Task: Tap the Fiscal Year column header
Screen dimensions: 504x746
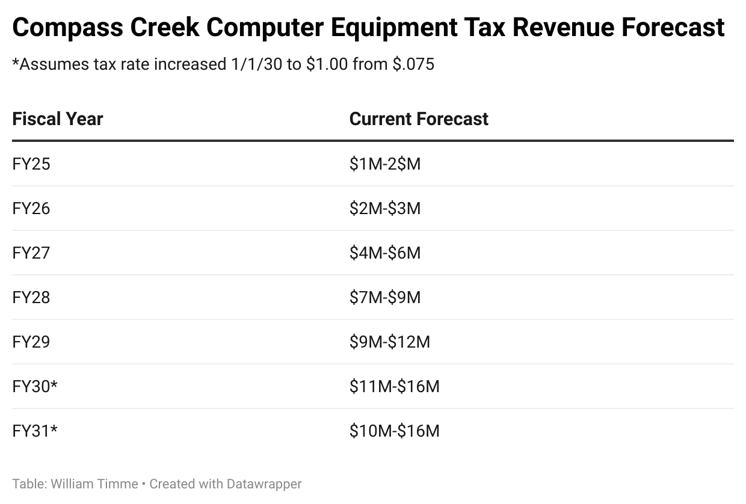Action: pos(58,118)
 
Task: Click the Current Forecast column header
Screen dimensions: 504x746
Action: pos(419,118)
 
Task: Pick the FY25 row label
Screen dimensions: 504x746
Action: pos(31,164)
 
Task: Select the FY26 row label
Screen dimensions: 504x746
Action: pos(31,208)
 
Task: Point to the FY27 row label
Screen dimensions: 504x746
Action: pos(31,253)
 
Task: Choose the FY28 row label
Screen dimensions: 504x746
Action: pos(31,297)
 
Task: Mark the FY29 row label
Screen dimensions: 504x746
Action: pos(31,342)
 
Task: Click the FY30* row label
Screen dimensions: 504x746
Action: pos(35,386)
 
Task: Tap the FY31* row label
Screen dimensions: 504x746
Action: pos(35,431)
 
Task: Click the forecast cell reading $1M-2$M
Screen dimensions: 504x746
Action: pos(385,164)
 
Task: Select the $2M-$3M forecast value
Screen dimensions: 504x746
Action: pos(385,208)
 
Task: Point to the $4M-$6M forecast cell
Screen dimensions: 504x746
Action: pos(385,253)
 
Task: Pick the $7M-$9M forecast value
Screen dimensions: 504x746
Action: pos(385,297)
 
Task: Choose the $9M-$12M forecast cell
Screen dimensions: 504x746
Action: pos(390,342)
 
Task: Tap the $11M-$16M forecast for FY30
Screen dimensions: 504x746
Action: pos(395,386)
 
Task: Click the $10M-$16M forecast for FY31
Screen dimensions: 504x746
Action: pos(395,431)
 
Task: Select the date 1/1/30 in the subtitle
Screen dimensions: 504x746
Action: pos(256,64)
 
